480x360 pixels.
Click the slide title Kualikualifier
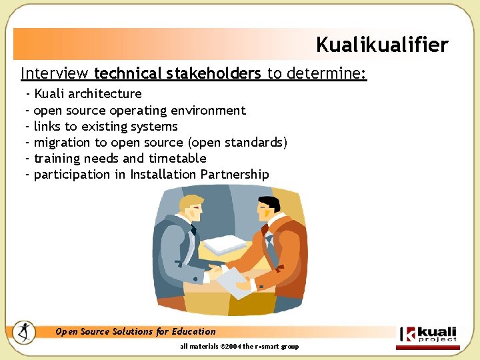(382, 45)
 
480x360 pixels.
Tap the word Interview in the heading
(55, 73)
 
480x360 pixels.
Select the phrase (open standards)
(238, 142)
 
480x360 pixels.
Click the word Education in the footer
(194, 331)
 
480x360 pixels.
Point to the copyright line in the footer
(239, 347)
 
